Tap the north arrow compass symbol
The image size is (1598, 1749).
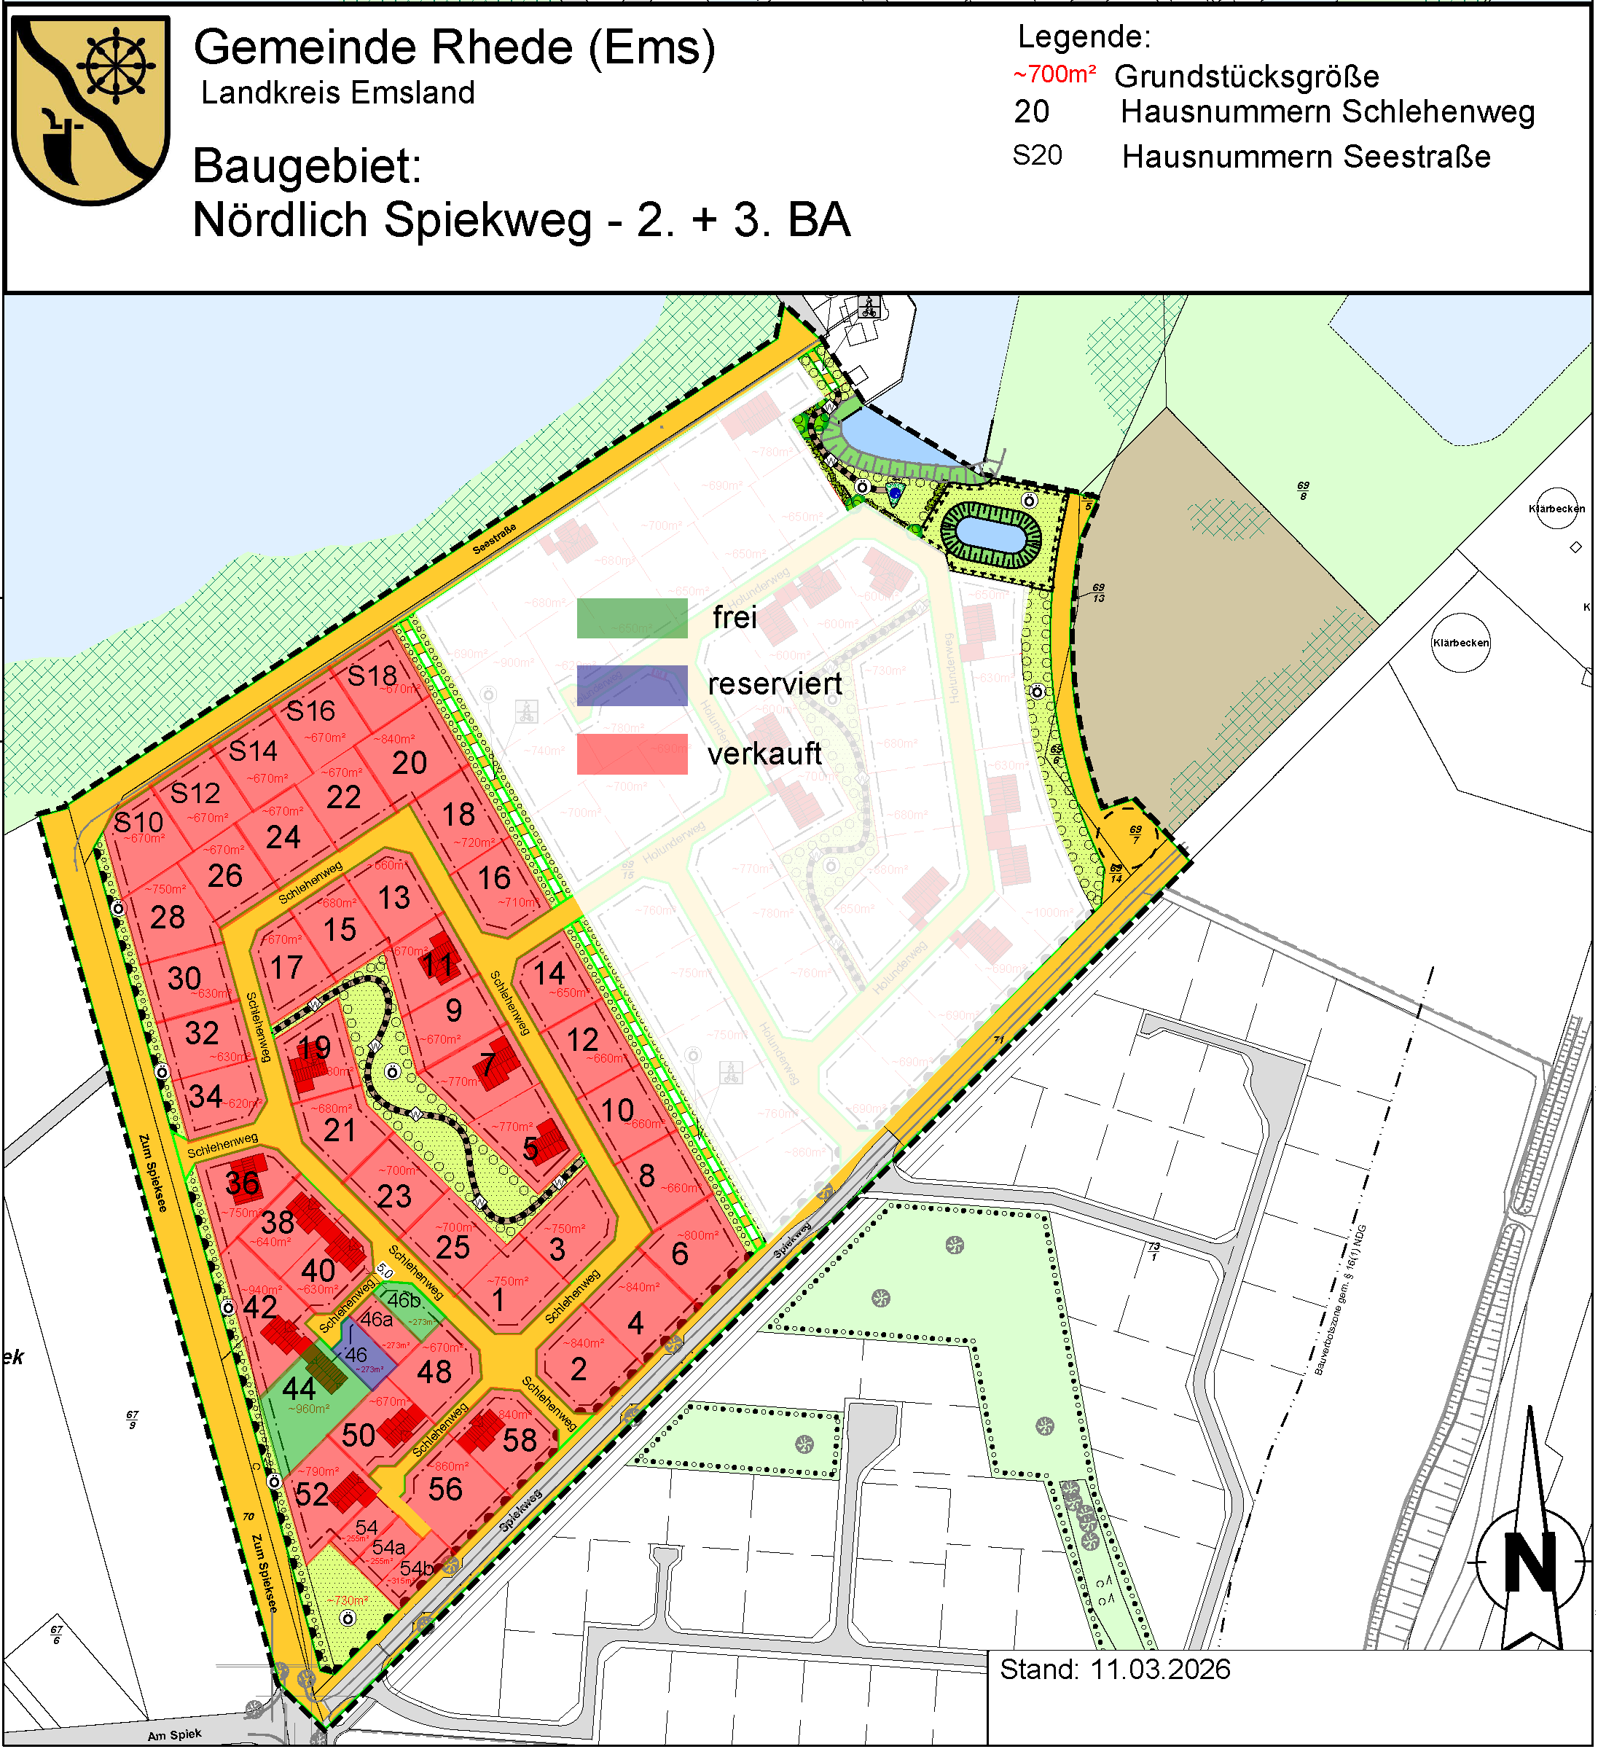[x=1531, y=1562]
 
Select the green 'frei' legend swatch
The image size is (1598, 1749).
[x=632, y=619]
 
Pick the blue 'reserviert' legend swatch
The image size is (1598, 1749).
[x=632, y=685]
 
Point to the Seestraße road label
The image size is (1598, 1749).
[x=495, y=539]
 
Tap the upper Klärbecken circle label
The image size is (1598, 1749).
[x=1556, y=509]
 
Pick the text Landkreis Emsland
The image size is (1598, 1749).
[x=338, y=93]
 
